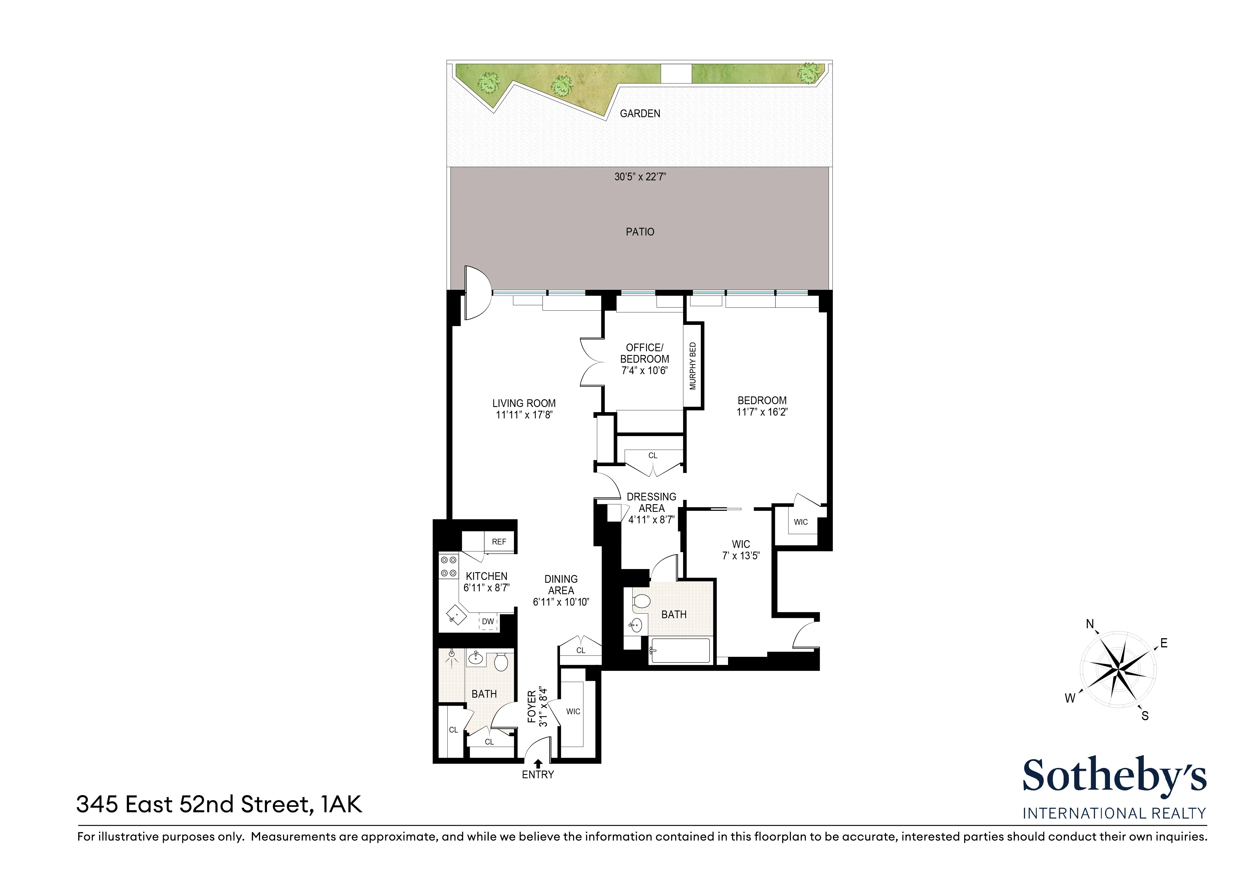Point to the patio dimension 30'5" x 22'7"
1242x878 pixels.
point(640,177)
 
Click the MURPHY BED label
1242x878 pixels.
point(693,366)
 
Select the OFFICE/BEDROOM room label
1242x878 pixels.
point(644,353)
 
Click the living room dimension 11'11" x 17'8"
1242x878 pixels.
point(524,416)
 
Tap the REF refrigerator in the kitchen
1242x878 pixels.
point(499,542)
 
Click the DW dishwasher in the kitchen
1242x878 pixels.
point(488,622)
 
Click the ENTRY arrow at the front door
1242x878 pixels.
point(538,764)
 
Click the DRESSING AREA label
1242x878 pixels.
point(651,502)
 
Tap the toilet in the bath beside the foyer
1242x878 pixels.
point(501,662)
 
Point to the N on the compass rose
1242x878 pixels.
point(1090,624)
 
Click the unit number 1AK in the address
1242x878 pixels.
point(341,805)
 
